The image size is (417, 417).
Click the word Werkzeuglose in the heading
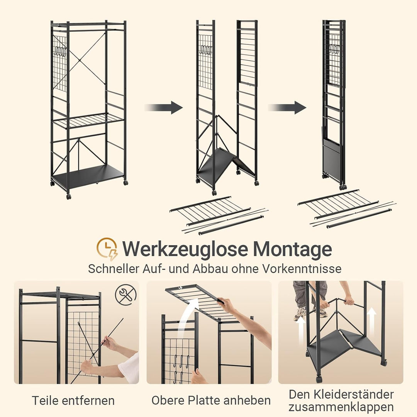185,249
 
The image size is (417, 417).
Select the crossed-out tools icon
125,294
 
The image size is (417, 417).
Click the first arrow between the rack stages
164,107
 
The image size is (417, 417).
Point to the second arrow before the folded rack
287,107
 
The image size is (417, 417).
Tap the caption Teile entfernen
73,400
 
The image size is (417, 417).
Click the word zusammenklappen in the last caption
341,407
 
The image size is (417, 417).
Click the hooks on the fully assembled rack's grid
60,52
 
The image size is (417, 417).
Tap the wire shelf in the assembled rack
88,120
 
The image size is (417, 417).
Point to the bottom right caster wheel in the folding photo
383,362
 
